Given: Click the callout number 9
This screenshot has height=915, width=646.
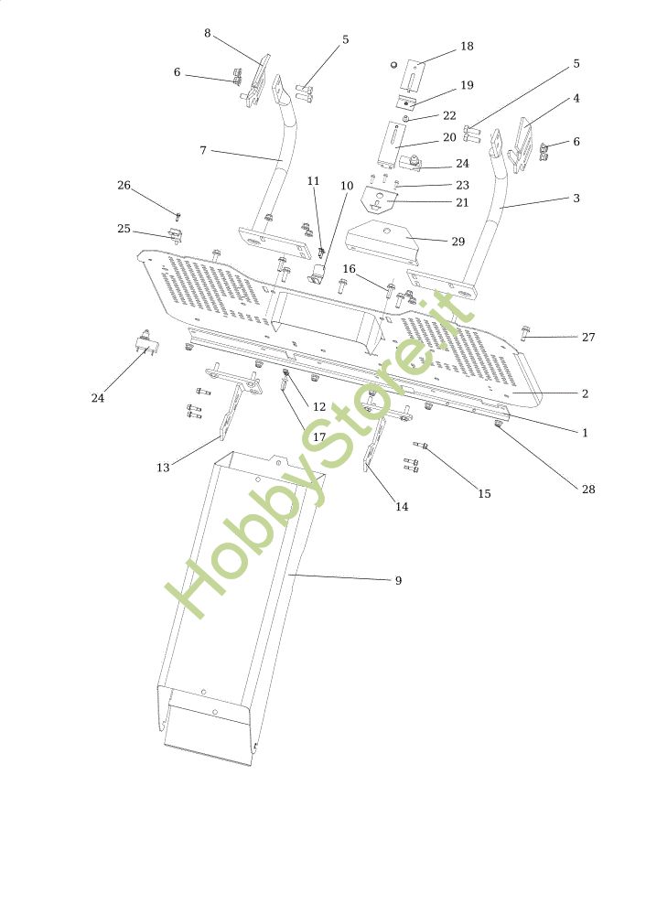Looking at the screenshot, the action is [397, 580].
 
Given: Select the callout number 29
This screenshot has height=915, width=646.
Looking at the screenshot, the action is [458, 242].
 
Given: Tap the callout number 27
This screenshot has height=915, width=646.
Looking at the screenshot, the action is [588, 337].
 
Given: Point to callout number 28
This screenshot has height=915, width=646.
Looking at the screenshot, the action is [588, 489].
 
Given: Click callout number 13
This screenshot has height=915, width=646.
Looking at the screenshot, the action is [163, 468].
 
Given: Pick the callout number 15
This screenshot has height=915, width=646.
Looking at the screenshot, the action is [484, 493].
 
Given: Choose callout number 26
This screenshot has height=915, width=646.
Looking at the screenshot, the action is [124, 185].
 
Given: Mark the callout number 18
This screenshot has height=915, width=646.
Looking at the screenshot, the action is [467, 46].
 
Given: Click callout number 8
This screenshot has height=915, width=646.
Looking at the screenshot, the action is [208, 33].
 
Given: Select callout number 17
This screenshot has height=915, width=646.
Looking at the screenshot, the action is [319, 436].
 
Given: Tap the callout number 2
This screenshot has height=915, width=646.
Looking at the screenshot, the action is [585, 393].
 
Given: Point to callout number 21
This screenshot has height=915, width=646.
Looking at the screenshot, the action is [461, 202].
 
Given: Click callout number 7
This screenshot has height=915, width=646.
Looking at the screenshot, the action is [202, 149].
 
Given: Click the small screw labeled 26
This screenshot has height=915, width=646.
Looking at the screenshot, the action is [178, 215].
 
